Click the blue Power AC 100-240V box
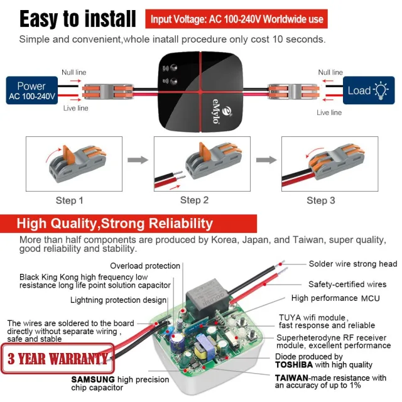(x=31, y=90)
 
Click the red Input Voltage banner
(x=237, y=19)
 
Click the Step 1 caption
(x=70, y=200)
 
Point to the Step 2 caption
(x=194, y=200)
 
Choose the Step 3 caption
(x=320, y=200)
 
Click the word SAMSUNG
(x=92, y=379)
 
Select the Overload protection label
(x=145, y=266)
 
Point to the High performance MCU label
(x=332, y=298)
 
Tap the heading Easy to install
(x=77, y=19)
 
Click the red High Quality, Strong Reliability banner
(x=115, y=223)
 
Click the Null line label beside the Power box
(x=74, y=73)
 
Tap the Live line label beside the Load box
(x=330, y=112)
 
